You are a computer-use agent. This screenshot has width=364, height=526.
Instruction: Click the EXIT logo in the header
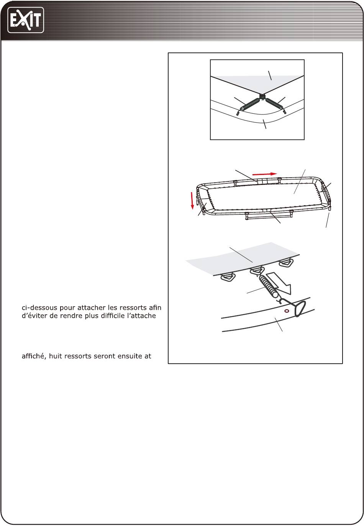[x=26, y=20]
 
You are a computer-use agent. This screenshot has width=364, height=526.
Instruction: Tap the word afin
[x=155, y=308]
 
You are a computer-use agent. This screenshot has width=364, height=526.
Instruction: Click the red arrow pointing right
[x=265, y=174]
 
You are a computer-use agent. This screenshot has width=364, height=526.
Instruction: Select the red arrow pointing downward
[x=192, y=201]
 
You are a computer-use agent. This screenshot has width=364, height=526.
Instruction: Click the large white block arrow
[x=279, y=283]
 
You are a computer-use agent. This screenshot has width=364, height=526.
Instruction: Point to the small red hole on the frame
[x=287, y=311]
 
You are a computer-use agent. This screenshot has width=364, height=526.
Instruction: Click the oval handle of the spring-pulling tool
[x=300, y=309]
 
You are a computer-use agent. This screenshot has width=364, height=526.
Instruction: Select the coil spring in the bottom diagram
[x=268, y=286]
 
